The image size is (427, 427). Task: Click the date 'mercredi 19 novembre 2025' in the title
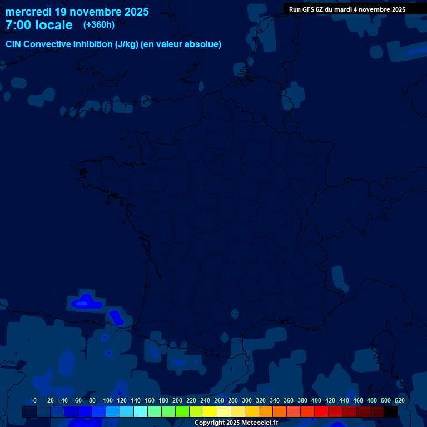(x=77, y=12)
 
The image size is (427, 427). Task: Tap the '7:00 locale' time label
(x=39, y=25)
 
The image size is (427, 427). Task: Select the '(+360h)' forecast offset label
(x=99, y=25)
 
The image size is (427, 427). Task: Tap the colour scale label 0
(x=35, y=400)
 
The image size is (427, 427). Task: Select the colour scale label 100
(x=107, y=400)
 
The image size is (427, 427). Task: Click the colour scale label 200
(x=177, y=400)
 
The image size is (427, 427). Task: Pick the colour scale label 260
(x=219, y=400)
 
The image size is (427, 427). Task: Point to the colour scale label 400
(x=316, y=400)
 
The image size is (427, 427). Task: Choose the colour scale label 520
(x=400, y=400)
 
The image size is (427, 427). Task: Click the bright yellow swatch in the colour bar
(x=210, y=411)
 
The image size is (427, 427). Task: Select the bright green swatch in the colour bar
(x=182, y=411)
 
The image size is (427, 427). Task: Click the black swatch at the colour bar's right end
(x=391, y=411)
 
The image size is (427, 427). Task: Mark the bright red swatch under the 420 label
(x=321, y=411)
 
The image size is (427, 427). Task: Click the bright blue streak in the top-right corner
(x=416, y=52)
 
